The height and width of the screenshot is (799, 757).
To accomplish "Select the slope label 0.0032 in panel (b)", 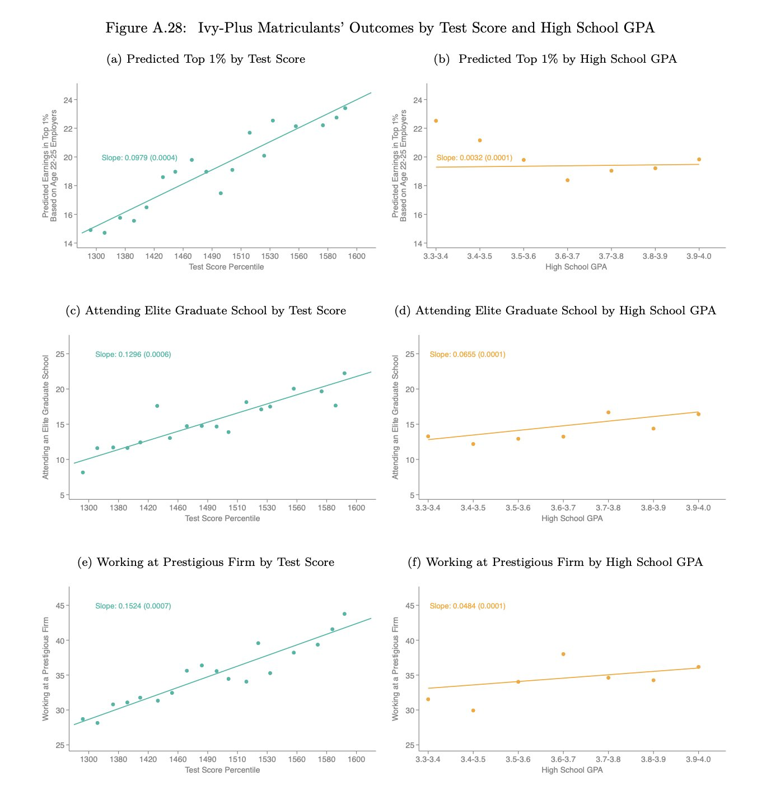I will pyautogui.click(x=474, y=158).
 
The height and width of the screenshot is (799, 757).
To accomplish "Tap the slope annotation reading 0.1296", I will pyautogui.click(x=133, y=355).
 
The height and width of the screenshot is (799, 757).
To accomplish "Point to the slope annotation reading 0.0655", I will pyautogui.click(x=468, y=355).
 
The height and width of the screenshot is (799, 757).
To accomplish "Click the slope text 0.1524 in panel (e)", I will pyautogui.click(x=133, y=606).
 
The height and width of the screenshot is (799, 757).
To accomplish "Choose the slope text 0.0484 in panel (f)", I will pyautogui.click(x=468, y=606).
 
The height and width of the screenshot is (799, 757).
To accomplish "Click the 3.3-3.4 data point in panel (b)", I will pyautogui.click(x=436, y=121).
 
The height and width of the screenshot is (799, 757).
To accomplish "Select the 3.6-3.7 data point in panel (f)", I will pyautogui.click(x=563, y=654).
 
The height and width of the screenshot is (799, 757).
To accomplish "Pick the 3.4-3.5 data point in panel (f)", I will pyautogui.click(x=473, y=710).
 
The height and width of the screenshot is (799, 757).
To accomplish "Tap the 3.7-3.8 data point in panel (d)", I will pyautogui.click(x=608, y=412).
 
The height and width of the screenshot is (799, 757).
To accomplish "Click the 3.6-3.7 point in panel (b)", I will pyautogui.click(x=567, y=180).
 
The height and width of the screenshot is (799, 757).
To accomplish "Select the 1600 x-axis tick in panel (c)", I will pyautogui.click(x=357, y=508).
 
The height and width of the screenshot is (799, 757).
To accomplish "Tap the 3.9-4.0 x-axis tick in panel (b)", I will pyautogui.click(x=699, y=257).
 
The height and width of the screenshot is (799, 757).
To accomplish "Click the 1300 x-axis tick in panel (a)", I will pyautogui.click(x=96, y=257).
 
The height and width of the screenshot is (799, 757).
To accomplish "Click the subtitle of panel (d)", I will pyautogui.click(x=566, y=311).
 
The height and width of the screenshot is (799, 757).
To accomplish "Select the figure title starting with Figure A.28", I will pyautogui.click(x=380, y=28).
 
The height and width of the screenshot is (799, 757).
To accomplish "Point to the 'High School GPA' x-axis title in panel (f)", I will pyautogui.click(x=572, y=770).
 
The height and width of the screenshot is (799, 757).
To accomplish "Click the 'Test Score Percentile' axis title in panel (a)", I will pyautogui.click(x=226, y=267).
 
